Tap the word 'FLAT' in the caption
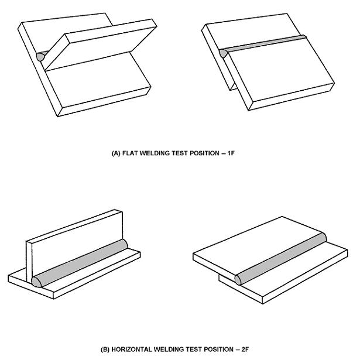click(132, 153)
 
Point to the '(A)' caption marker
click(116, 153)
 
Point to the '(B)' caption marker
click(106, 350)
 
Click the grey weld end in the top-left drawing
click(41, 57)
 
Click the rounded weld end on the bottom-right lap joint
click(239, 279)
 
